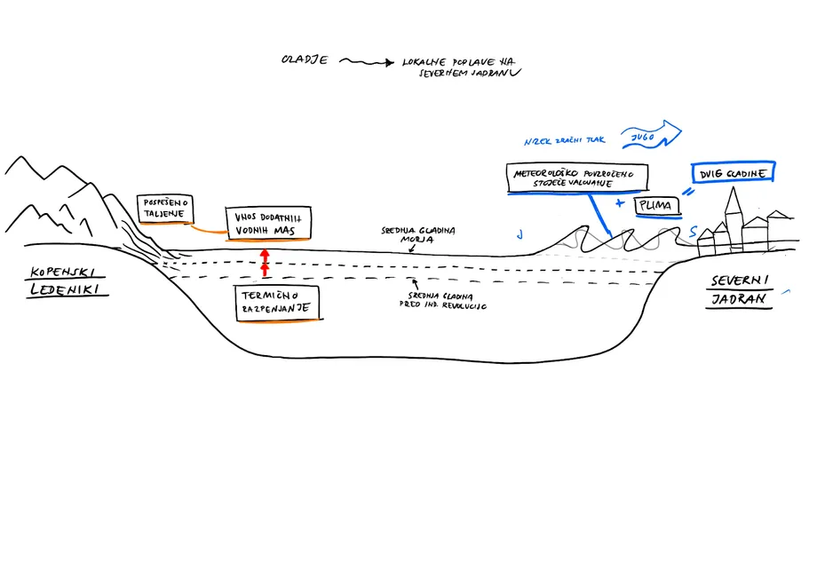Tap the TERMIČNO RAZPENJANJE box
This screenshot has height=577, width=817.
(x=275, y=303)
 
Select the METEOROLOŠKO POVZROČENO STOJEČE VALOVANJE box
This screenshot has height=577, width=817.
(x=575, y=177)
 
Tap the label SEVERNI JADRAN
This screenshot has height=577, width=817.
(x=740, y=290)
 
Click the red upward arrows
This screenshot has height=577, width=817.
(x=264, y=263)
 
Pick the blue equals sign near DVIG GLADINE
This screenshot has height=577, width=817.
(x=686, y=191)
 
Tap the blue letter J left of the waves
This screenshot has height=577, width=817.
(x=520, y=235)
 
